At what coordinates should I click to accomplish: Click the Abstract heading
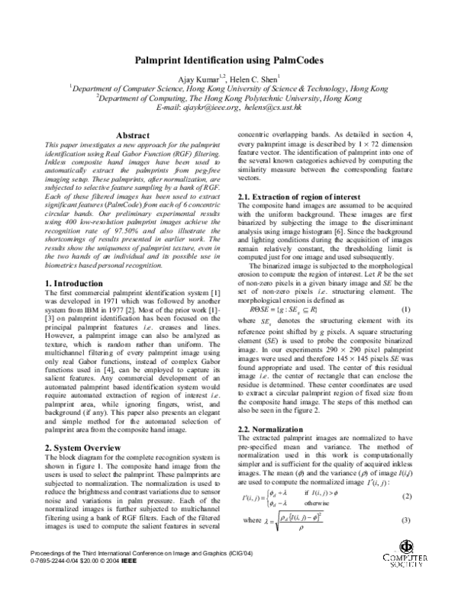coord(131,135)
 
